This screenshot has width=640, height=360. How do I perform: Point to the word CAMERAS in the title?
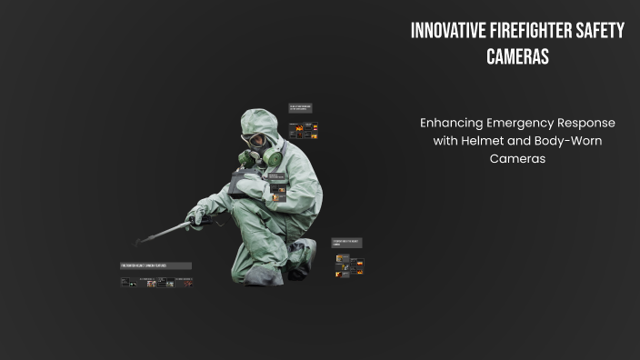[x=516, y=56]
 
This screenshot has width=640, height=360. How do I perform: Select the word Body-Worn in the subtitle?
[x=571, y=141]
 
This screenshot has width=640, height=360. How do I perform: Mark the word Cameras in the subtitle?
[x=516, y=158]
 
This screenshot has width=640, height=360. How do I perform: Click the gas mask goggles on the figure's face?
[x=256, y=142]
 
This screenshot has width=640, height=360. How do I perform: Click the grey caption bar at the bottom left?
[x=155, y=265]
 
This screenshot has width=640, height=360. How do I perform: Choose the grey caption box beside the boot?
[x=346, y=243]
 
